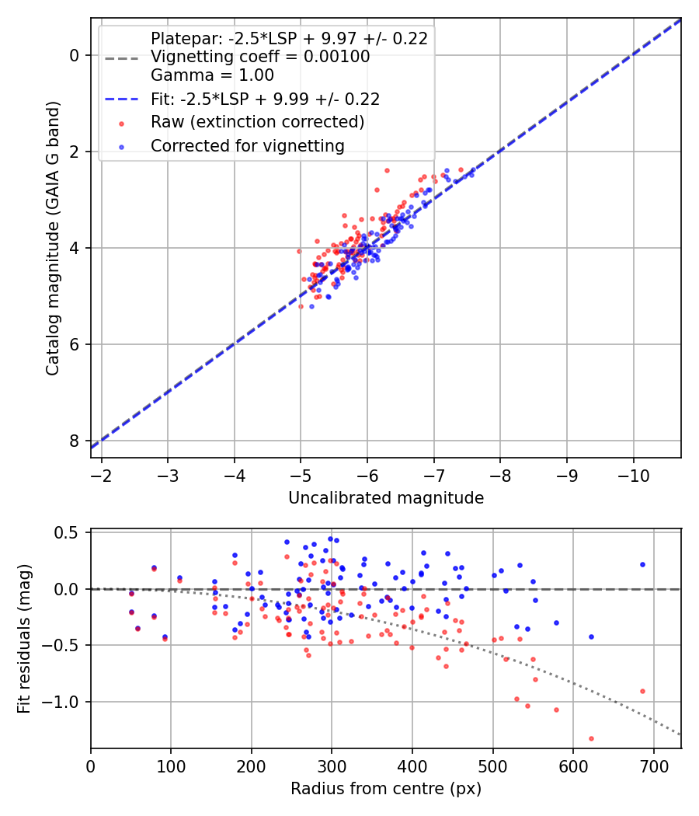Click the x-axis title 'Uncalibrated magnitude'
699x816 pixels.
coord(386,498)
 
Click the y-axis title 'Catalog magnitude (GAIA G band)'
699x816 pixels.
coord(53,238)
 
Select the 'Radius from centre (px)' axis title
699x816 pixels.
coord(386,789)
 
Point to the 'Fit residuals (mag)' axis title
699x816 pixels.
coord(25,639)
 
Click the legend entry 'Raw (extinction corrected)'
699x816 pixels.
coord(257,122)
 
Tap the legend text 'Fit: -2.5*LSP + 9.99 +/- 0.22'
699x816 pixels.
coord(265,99)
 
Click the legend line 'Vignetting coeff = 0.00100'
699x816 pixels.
coord(260,57)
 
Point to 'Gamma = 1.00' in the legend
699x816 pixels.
coord(212,75)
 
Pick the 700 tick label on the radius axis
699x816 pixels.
coord(653,765)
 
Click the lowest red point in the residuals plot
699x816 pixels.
coord(591,738)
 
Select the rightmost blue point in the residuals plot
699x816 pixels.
coord(642,564)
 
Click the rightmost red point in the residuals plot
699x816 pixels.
coord(642,691)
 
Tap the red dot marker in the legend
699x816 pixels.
coord(122,123)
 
